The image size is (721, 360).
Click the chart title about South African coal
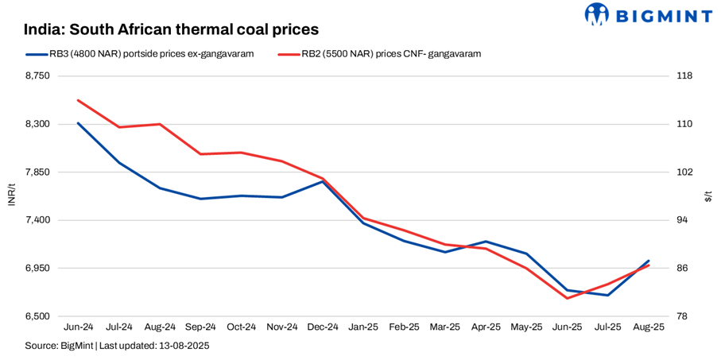coord(171,29)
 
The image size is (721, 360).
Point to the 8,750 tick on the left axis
coord(37,76)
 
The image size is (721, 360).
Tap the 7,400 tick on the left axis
coord(37,220)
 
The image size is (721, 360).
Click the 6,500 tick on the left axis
coord(37,316)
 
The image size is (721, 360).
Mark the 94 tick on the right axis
coord(682,220)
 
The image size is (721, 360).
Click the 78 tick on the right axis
coord(682,316)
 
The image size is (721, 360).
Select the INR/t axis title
coord(11,195)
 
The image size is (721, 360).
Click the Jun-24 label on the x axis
coord(79,327)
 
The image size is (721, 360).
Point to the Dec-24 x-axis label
coord(323,327)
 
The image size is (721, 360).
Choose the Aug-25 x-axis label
coord(649,327)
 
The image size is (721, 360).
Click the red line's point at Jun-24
coord(79,100)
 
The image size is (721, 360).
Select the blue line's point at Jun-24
coord(79,123)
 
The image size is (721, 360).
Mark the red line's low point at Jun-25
coord(567,298)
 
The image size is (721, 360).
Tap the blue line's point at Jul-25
coord(608,296)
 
